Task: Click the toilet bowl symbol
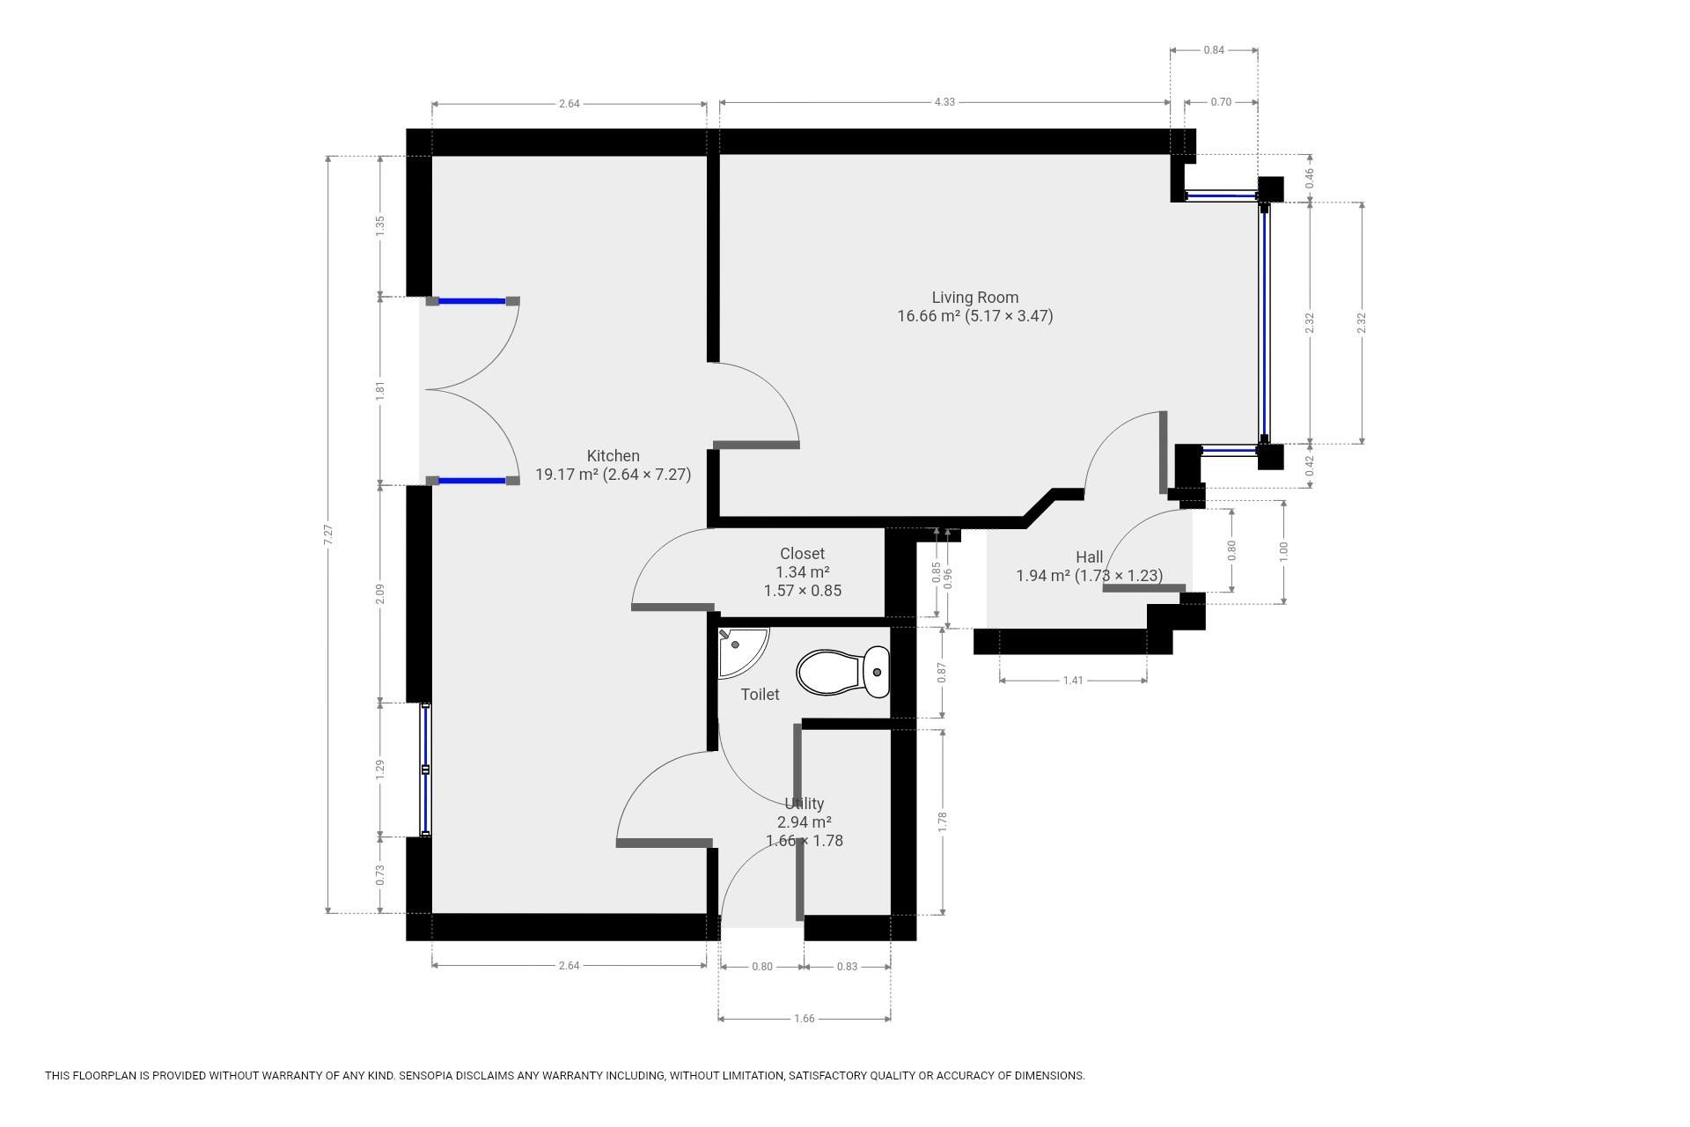[x=842, y=673]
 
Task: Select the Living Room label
[x=974, y=298]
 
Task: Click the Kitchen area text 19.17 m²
[x=567, y=475]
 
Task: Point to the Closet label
[x=802, y=554]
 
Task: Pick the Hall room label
[x=1089, y=557]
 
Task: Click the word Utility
[x=804, y=804]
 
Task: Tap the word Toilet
[x=760, y=695]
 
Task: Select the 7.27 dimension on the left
[x=328, y=534]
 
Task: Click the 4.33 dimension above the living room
[x=944, y=102]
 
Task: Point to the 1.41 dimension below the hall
[x=1072, y=681]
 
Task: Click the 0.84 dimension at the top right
[x=1213, y=50]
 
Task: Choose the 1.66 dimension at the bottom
[x=804, y=1019]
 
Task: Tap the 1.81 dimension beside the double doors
[x=380, y=390]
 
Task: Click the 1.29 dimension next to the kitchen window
[x=380, y=770]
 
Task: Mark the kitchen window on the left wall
[x=425, y=770]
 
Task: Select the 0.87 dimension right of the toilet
[x=943, y=673]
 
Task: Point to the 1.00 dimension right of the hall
[x=1283, y=551]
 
